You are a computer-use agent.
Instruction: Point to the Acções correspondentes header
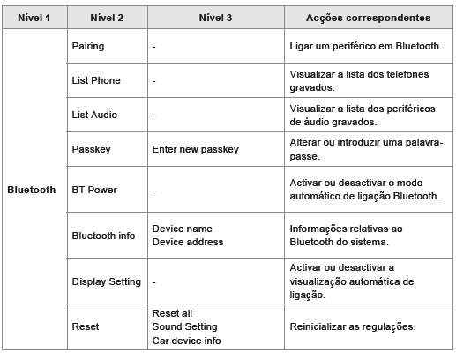(368, 18)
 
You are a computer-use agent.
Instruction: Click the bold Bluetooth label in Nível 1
(31, 190)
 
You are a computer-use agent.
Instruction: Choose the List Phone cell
(95, 80)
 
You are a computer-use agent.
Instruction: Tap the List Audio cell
(93, 116)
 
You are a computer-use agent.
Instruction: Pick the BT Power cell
(93, 190)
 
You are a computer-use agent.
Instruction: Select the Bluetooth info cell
(103, 236)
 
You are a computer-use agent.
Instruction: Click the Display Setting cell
(106, 281)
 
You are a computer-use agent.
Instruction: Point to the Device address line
(188, 242)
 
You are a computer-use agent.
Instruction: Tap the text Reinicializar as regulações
(352, 326)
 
